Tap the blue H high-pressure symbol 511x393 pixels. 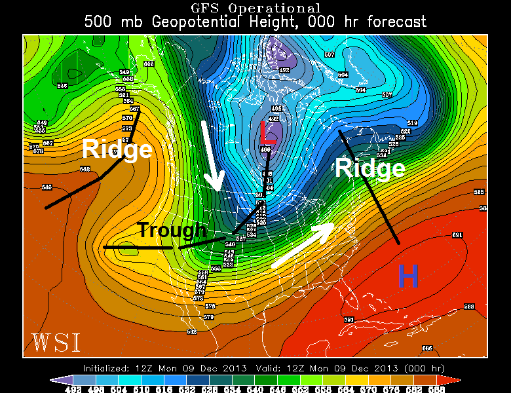[x=407, y=277]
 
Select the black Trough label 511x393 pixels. [x=172, y=230]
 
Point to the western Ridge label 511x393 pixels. [x=117, y=150]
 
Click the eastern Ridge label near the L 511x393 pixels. [x=370, y=168]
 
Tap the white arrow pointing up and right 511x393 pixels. [x=304, y=244]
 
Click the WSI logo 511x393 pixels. [x=55, y=343]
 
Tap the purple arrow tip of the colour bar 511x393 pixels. [x=56, y=380]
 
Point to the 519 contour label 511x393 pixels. [x=412, y=123]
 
